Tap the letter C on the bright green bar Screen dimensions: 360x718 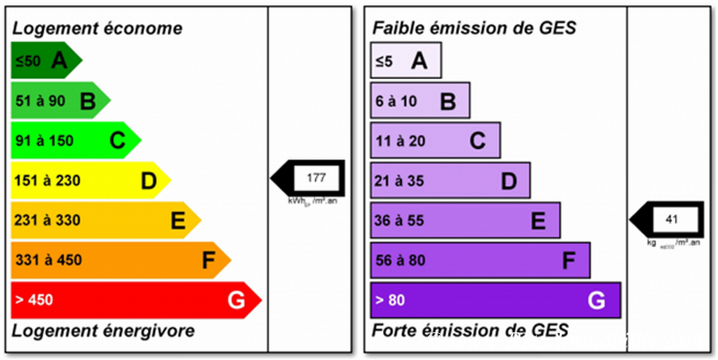tap(117, 140)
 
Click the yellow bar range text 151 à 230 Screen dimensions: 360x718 tap(47, 180)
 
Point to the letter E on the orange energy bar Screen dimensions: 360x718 tap(178, 220)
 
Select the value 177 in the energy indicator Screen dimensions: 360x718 tap(316, 178)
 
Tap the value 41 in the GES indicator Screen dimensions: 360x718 tap(672, 218)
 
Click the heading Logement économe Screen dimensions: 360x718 tap(97, 28)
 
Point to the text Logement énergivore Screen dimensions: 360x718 tap(102, 331)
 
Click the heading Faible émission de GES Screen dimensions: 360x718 tap(474, 28)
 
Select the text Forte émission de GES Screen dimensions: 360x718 tap(470, 331)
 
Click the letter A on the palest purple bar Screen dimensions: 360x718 tap(418, 61)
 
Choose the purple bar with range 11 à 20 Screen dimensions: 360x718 tap(435, 140)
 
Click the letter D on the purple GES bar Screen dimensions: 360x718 tap(509, 180)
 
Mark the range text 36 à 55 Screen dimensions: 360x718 tap(398, 220)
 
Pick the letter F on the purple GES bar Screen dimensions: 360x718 tap(568, 260)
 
